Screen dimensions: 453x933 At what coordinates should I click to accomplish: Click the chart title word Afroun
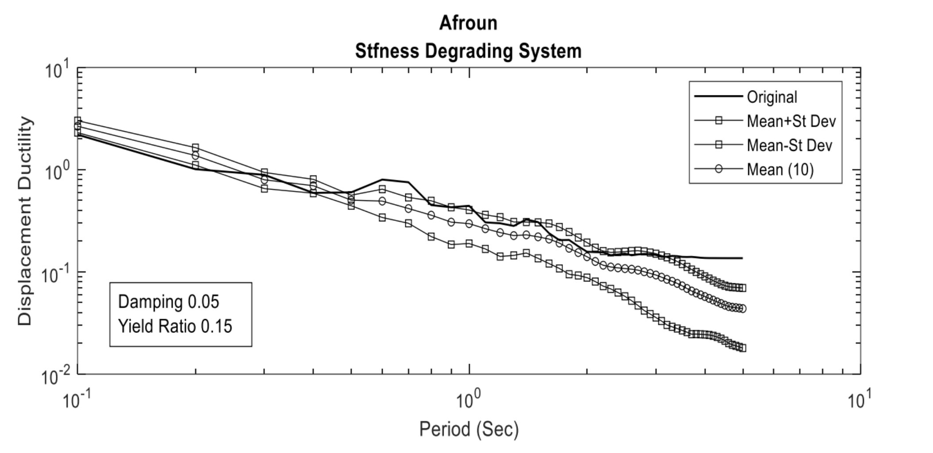point(468,23)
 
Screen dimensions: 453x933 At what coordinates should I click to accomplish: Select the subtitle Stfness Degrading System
point(468,51)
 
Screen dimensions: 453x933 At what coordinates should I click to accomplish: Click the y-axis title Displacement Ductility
point(25,221)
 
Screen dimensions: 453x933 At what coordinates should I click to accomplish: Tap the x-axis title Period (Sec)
point(469,429)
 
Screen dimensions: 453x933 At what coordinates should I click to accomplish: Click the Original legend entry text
point(772,97)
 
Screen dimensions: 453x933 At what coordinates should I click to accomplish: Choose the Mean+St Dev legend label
point(791,121)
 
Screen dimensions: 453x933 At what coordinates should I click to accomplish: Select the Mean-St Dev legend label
point(790,145)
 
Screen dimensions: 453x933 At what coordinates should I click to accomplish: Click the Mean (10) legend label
point(780,170)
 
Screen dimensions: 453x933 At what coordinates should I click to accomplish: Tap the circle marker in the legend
point(718,169)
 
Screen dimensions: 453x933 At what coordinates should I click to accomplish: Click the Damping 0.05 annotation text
point(169,302)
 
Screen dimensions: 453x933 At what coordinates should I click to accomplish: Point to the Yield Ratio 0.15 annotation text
point(175,327)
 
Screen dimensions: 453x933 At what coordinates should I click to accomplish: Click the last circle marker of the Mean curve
point(742,308)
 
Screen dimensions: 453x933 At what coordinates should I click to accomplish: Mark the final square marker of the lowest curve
point(742,348)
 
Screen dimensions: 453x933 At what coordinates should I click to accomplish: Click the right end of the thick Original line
point(742,258)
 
